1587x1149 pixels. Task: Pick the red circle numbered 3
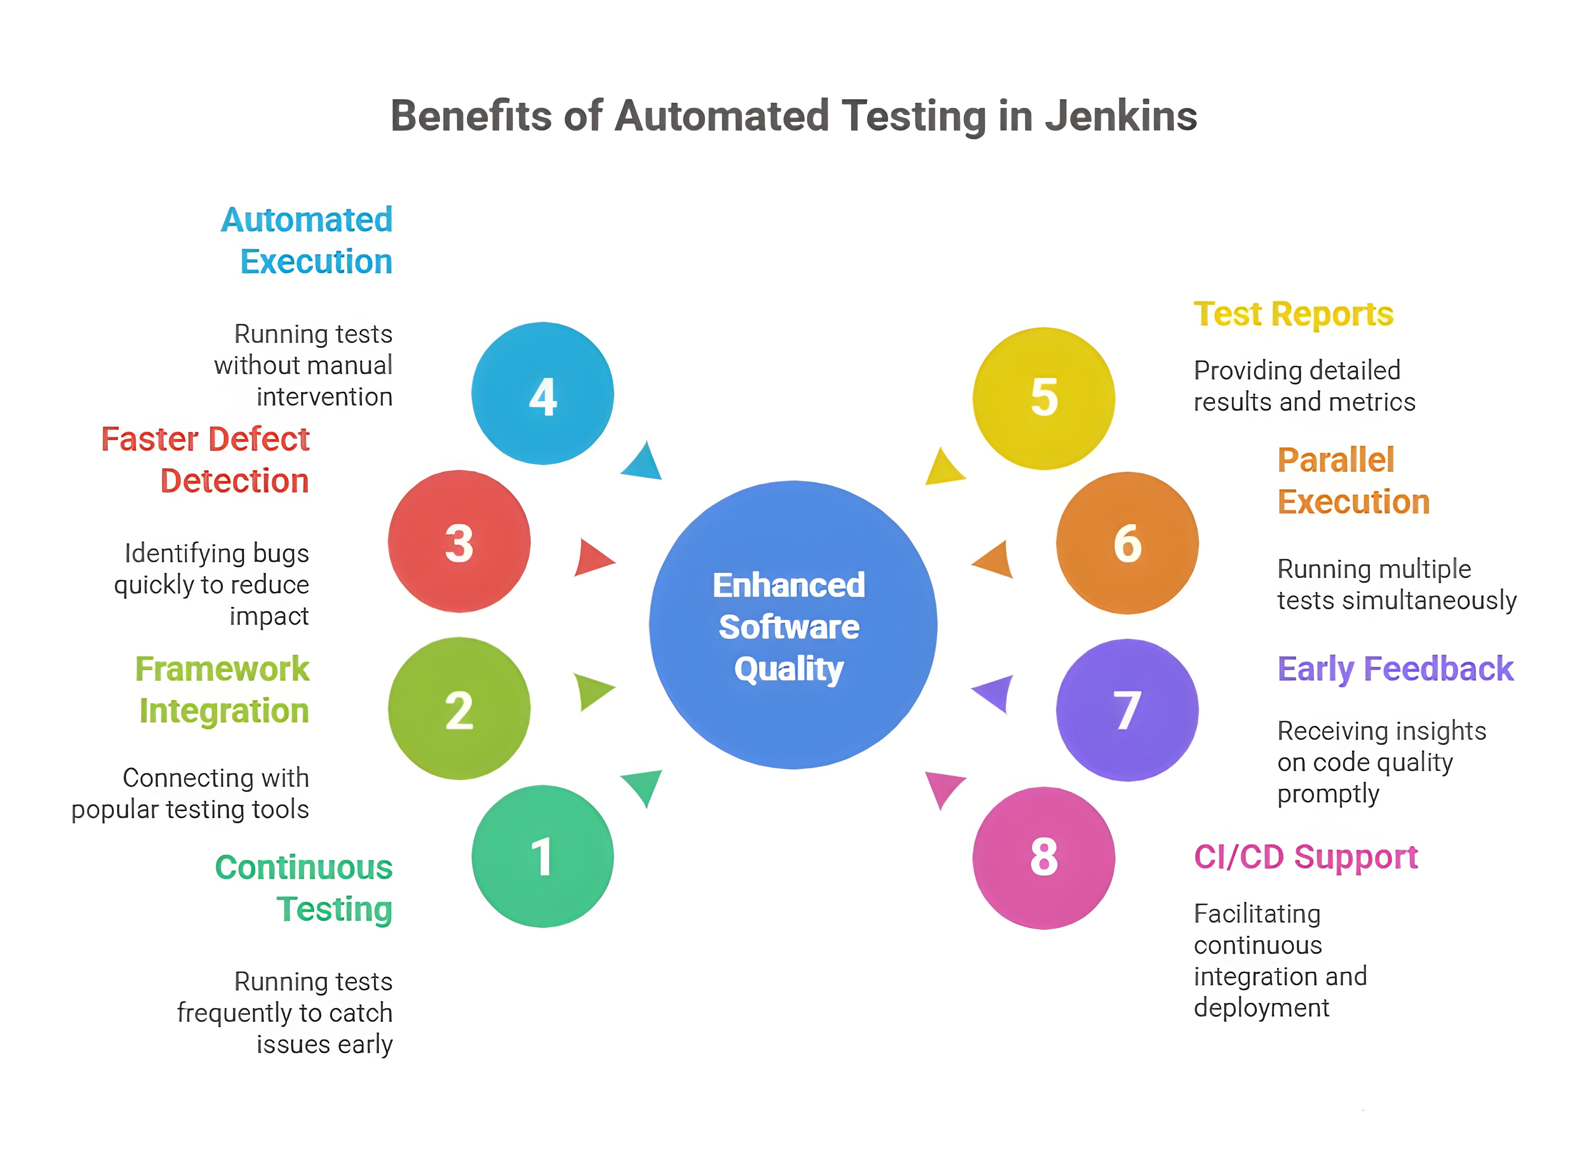[459, 542]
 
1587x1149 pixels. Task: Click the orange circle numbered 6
[1127, 543]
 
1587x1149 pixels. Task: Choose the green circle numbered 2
[459, 709]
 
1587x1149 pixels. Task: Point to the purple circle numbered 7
[1127, 710]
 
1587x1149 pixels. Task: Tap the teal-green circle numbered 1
[542, 857]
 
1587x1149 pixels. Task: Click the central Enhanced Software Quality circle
[793, 625]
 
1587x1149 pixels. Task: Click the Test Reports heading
[1293, 314]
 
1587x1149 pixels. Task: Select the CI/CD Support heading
[1306, 857]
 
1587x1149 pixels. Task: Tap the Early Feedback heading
[1395, 669]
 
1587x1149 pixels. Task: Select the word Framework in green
[222, 669]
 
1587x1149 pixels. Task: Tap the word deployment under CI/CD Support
[1261, 1008]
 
